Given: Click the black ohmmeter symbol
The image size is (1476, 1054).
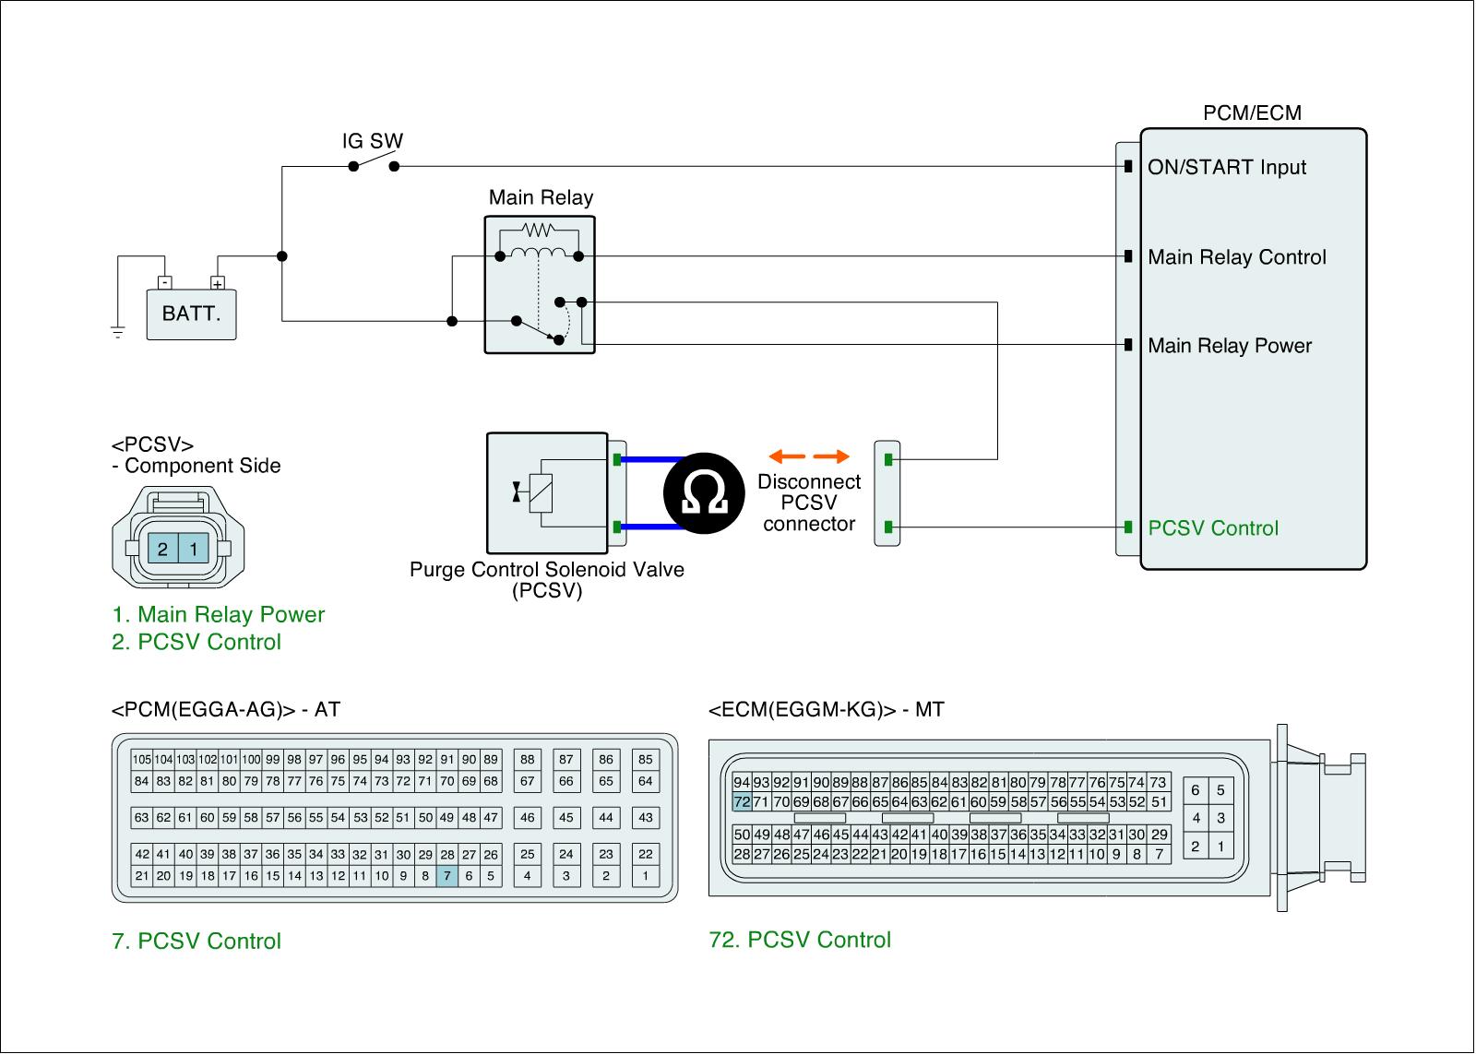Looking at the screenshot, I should [705, 493].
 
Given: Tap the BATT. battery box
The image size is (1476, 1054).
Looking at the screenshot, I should [191, 314].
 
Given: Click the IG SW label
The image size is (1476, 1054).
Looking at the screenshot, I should [373, 142].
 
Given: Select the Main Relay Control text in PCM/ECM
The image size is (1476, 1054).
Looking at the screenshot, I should [1236, 257].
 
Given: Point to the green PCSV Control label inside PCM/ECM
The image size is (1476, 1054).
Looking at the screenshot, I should [1213, 528].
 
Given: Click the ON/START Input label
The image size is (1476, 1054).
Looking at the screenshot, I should [1226, 167].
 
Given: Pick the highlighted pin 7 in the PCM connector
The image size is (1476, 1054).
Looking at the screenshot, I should [446, 876].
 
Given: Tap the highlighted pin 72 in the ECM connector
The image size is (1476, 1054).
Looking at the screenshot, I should [742, 802].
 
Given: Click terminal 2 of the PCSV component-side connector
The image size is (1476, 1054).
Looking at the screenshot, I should [162, 550].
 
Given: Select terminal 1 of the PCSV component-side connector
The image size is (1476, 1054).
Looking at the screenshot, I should [193, 550].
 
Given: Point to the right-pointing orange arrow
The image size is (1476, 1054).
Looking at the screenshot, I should [832, 456].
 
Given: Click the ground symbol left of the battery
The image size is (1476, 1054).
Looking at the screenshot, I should [118, 331].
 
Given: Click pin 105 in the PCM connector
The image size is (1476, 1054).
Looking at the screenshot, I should [141, 760].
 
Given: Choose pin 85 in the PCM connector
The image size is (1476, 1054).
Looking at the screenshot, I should [646, 760].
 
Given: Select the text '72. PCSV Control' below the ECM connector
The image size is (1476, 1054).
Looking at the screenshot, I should [800, 940].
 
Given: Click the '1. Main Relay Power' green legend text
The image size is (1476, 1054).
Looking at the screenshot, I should [218, 614].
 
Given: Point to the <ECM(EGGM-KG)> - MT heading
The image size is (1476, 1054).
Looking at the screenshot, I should [826, 709].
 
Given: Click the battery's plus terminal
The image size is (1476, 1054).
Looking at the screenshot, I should [218, 283].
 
